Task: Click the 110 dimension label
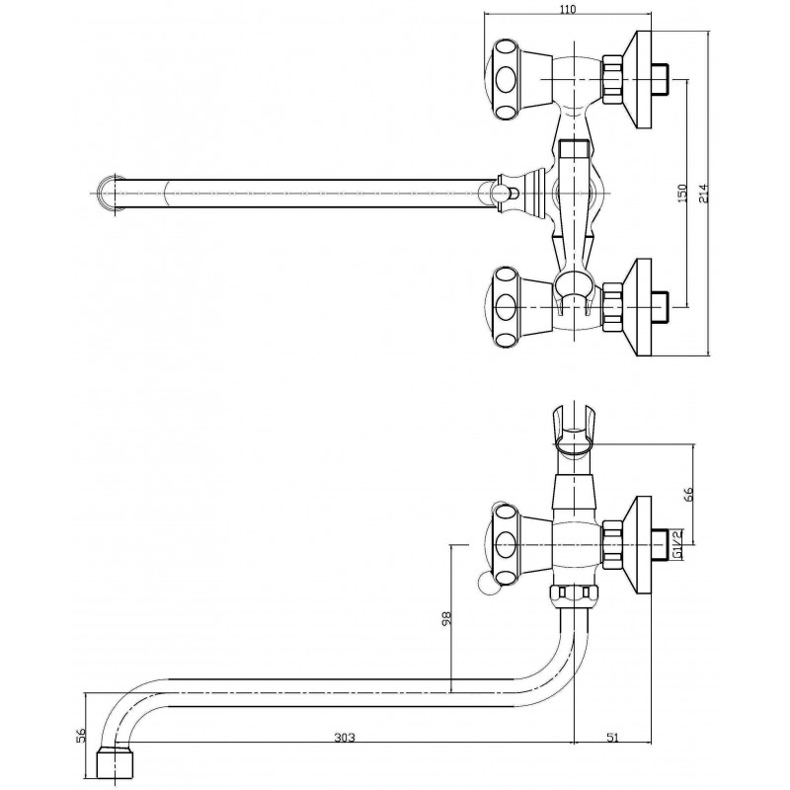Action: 567,8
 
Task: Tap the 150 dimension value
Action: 681,194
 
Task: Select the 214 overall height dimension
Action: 704,194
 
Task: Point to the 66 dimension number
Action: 689,493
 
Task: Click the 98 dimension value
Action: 446,618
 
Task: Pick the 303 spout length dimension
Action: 345,738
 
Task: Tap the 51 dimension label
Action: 612,738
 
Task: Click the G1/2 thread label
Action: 677,545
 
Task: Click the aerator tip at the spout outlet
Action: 115,763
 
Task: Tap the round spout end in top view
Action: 110,194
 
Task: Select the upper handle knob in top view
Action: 506,80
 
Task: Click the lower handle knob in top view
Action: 506,307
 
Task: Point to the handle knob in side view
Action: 506,545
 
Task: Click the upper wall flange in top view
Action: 637,80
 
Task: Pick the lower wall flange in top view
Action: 637,307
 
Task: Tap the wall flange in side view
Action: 637,545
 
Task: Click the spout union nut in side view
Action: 575,594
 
